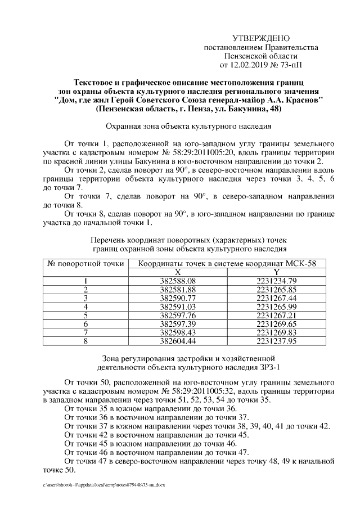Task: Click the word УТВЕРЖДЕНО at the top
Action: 261,38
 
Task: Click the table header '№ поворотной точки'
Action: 85,263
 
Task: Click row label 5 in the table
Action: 85,315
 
